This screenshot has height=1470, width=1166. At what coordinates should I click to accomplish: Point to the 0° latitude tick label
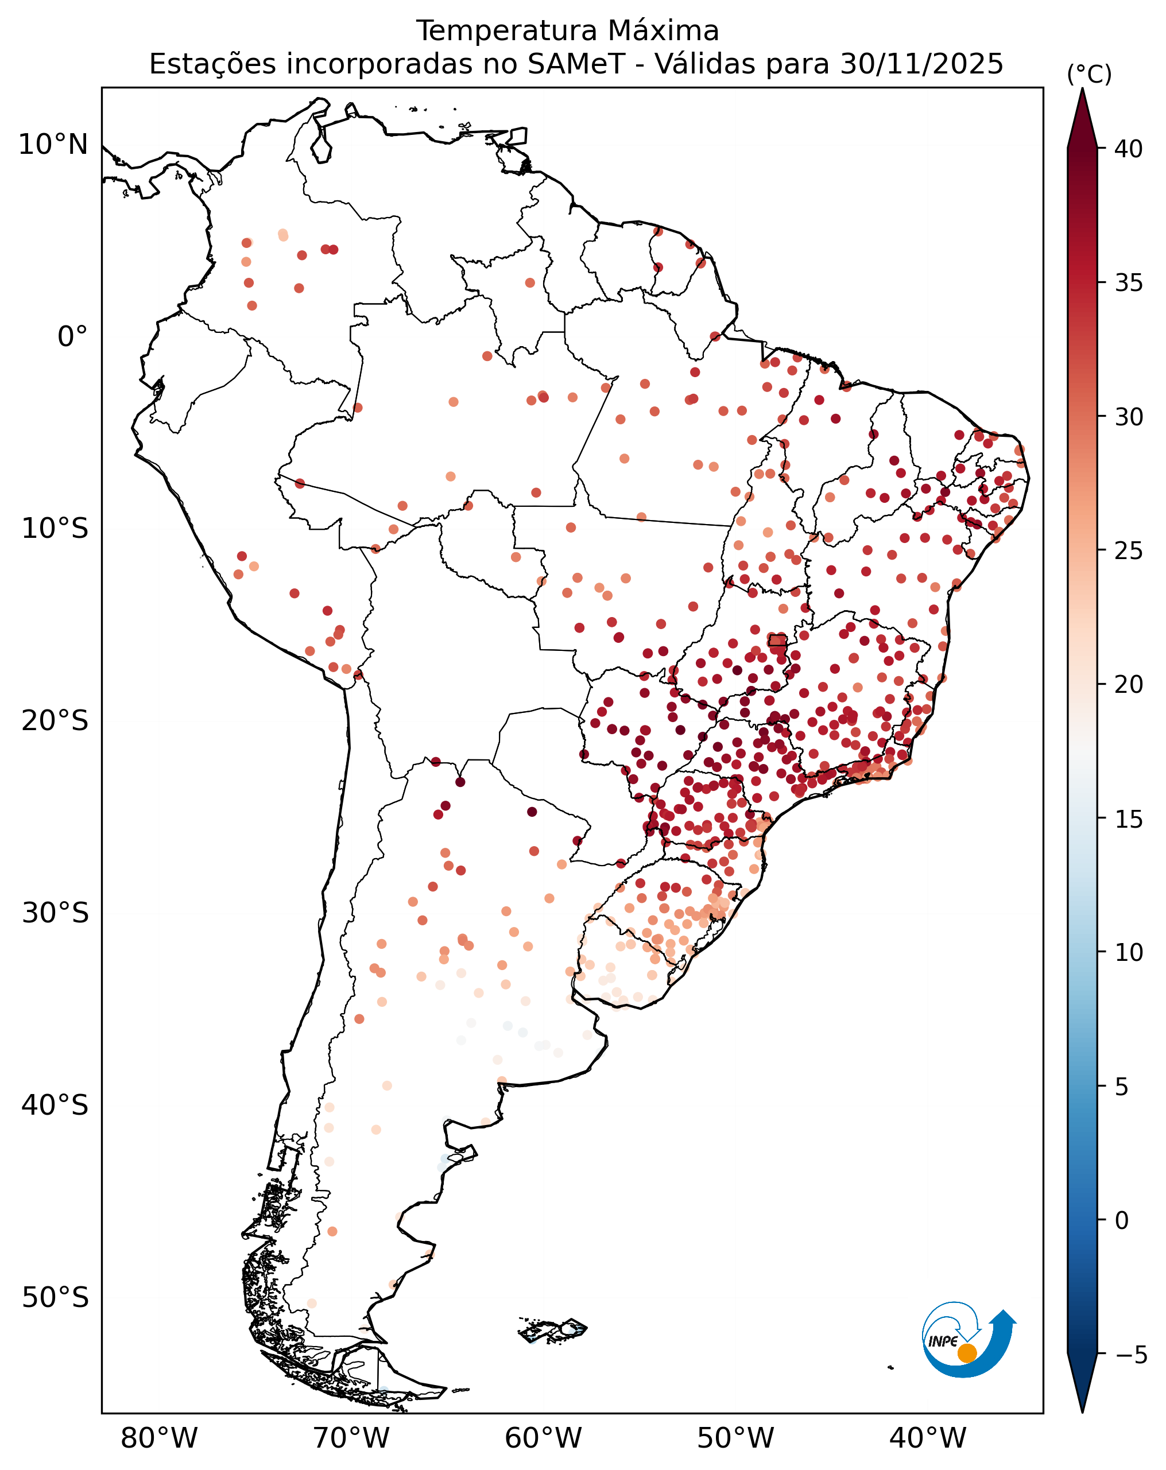click(x=73, y=336)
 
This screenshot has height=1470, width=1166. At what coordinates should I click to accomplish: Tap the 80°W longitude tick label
click(x=159, y=1437)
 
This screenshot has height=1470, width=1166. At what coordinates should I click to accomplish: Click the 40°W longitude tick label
click(x=927, y=1437)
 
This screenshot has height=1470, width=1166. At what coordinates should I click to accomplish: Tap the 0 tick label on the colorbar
click(x=1122, y=1220)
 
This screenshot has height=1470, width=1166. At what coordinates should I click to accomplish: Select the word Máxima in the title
click(x=663, y=32)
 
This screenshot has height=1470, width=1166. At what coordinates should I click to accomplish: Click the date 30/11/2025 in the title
click(x=921, y=64)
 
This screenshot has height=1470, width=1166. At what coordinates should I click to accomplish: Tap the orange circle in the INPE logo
click(x=967, y=1353)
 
